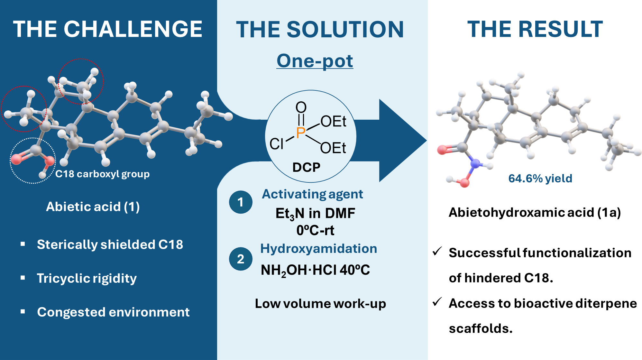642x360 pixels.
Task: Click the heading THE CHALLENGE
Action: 107,29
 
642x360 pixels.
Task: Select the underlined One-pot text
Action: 315,61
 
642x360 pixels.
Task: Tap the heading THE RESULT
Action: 535,29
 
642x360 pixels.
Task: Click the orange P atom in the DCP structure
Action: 301,132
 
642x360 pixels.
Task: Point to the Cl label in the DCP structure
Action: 276,144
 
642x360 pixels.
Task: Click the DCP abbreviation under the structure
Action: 306,167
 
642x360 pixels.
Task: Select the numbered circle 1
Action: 240,202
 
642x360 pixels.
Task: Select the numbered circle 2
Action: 240,259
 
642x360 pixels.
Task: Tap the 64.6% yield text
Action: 540,178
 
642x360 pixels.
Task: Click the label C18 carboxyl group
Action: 102,174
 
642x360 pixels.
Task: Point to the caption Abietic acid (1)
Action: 93,207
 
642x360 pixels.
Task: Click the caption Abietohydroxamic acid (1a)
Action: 535,212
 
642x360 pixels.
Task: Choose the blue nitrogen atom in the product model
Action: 475,163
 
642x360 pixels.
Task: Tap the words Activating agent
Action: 312,194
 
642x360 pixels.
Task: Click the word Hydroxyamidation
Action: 318,248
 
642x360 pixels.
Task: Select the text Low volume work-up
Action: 320,303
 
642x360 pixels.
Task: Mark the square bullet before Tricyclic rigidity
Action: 23,278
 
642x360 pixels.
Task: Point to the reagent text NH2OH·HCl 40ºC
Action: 315,270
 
